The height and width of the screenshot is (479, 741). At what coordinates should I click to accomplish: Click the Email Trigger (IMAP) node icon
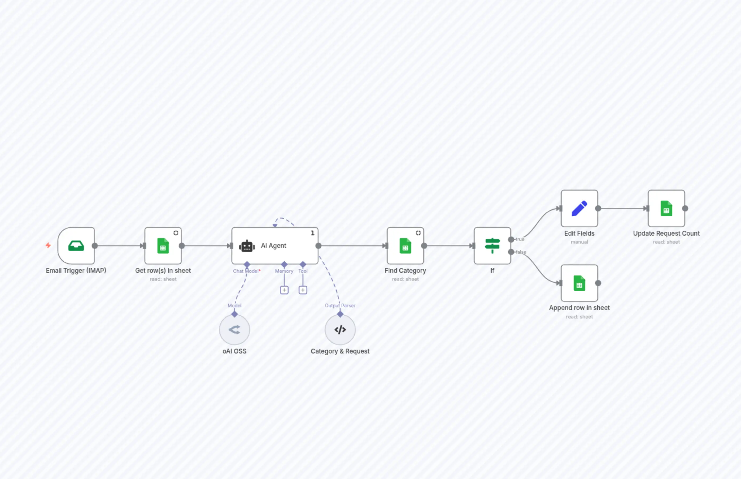(x=76, y=246)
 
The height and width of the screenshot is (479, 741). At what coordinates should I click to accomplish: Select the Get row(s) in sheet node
(x=163, y=246)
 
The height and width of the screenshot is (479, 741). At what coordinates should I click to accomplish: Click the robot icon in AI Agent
(x=247, y=246)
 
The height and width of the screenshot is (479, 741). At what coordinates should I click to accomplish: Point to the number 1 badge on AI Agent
(x=313, y=233)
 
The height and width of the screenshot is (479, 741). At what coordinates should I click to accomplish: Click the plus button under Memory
(x=284, y=290)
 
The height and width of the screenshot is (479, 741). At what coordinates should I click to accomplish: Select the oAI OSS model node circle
(x=234, y=330)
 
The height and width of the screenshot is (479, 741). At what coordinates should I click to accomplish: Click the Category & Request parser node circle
(x=340, y=330)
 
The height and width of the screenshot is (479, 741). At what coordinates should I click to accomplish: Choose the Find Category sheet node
(x=405, y=246)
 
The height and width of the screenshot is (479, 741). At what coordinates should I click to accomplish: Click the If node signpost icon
(x=492, y=246)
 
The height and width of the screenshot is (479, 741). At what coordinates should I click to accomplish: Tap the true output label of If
(x=520, y=239)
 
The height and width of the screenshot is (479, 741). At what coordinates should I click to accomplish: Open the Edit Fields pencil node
(x=579, y=208)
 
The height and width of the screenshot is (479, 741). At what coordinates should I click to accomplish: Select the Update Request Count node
(x=666, y=208)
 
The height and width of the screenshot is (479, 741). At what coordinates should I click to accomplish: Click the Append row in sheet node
(x=579, y=283)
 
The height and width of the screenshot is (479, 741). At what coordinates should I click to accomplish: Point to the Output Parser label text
(x=340, y=306)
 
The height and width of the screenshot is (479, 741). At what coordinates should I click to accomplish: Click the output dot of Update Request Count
(x=685, y=208)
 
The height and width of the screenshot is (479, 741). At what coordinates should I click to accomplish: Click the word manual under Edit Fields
(x=579, y=242)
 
